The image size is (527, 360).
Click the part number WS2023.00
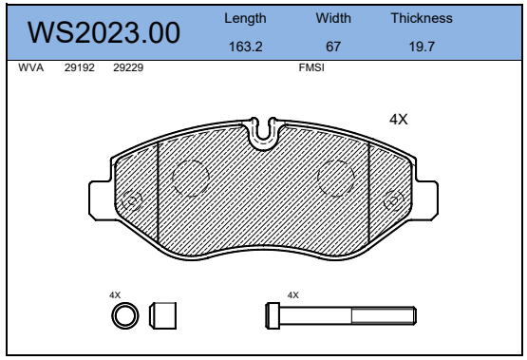tap(104, 32)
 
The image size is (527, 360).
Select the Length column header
tap(245, 18)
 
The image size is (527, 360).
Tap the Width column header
tap(332, 18)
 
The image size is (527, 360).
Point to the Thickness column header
tap(422, 18)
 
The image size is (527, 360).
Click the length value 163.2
tap(245, 47)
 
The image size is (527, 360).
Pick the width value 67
tap(332, 47)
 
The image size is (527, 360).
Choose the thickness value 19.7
tap(422, 47)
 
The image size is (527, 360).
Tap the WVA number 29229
tap(127, 69)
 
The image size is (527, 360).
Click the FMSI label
tap(311, 69)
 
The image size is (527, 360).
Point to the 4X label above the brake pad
tap(399, 120)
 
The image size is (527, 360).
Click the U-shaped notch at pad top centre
tap(262, 133)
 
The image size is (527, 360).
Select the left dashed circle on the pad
tap(190, 178)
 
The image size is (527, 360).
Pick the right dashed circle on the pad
tap(335, 178)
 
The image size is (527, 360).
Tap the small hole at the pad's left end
tap(132, 200)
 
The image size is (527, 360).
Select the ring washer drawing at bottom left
tap(125, 314)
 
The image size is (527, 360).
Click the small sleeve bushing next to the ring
tap(164, 314)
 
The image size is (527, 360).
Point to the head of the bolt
tap(273, 314)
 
